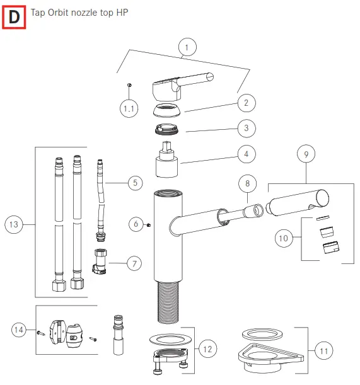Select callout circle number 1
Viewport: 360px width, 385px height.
tap(187, 47)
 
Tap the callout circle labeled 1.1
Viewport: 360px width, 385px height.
tap(129, 109)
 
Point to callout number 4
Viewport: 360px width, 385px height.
tap(247, 153)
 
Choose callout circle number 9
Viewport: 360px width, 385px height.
tap(307, 153)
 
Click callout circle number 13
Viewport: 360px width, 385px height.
tap(15, 224)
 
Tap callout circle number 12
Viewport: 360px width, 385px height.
tap(207, 348)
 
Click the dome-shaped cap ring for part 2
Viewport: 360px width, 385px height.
tap(168, 111)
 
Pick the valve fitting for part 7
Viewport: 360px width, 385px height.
tap(101, 260)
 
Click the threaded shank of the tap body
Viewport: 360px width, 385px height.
tap(169, 301)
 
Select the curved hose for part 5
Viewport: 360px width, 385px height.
tap(101, 202)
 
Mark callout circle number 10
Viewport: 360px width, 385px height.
tap(284, 238)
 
